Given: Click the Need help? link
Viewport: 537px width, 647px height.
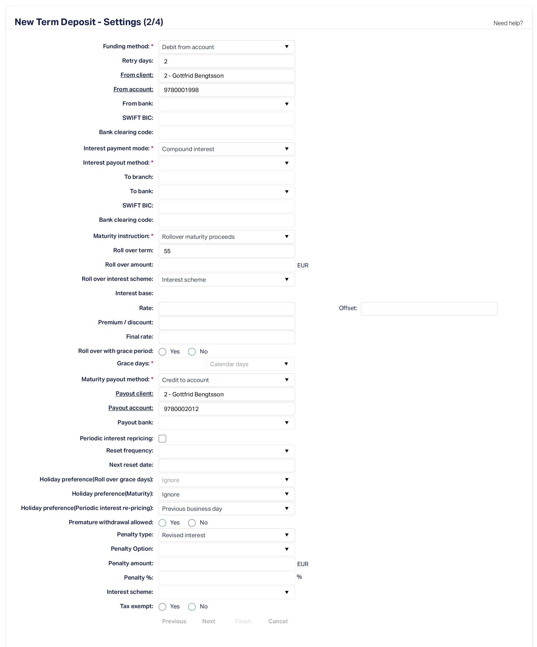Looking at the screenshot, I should coord(508,23).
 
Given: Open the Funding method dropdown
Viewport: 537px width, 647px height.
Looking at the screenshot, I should coord(226,47).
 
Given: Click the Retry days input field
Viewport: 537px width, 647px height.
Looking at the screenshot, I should coord(226,61).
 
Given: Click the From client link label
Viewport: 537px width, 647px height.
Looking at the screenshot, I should coord(137,75).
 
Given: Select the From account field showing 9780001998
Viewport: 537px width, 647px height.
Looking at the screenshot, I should coord(226,90).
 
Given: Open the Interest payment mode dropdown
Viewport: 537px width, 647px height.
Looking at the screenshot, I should coord(226,149).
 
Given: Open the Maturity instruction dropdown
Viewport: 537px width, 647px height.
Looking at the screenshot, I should coord(226,237).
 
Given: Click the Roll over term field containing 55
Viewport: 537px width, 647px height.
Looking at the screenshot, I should coord(226,251).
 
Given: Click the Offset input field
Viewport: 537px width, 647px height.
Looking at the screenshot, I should coord(429,308).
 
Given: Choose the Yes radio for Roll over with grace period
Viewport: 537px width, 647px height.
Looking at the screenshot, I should coord(162,352).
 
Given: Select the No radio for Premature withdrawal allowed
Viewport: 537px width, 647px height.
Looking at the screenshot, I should coord(192,523).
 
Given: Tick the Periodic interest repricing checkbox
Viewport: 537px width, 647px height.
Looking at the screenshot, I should coord(162,438).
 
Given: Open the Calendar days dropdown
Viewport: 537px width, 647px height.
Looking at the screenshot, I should coord(250,364).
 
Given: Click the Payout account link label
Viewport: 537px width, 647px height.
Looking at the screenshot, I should coord(131,408).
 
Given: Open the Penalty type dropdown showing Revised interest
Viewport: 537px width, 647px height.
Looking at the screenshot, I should coord(226,535).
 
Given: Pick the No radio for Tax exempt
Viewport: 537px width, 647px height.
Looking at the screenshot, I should coord(192,607).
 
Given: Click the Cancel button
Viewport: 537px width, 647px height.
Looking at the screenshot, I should coord(278,621).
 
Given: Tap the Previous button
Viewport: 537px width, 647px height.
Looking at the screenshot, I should coord(174,621).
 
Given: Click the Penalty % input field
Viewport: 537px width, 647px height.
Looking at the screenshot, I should coord(226,578).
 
